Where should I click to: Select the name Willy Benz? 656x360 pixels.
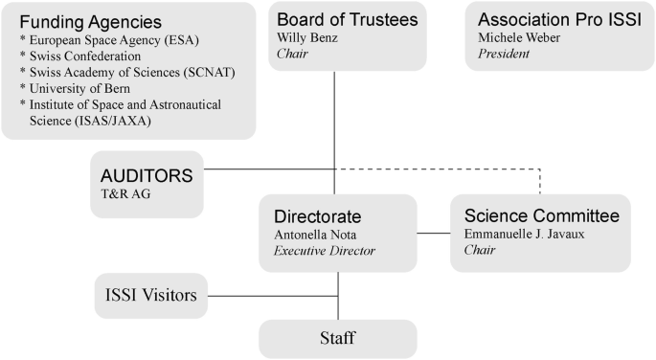tap(307, 39)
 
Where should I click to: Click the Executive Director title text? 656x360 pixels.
tap(325, 252)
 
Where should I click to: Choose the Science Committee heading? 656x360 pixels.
tap(541, 215)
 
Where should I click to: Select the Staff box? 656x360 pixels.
tap(338, 338)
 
